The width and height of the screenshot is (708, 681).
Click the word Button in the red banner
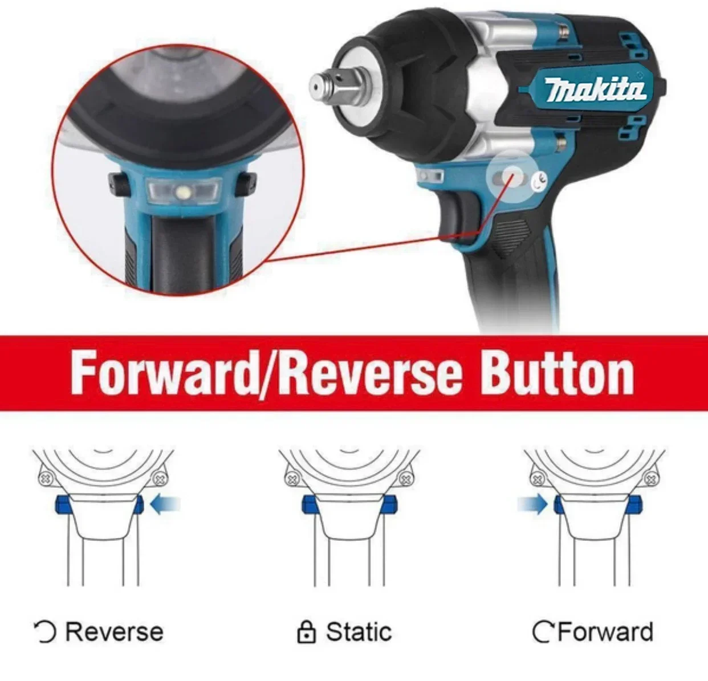coord(555,373)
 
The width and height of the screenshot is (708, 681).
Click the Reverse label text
coord(114,632)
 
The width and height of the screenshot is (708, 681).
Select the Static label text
coord(359,632)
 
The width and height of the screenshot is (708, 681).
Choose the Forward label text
coord(605,632)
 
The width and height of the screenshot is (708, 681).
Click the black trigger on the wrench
coord(457,217)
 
